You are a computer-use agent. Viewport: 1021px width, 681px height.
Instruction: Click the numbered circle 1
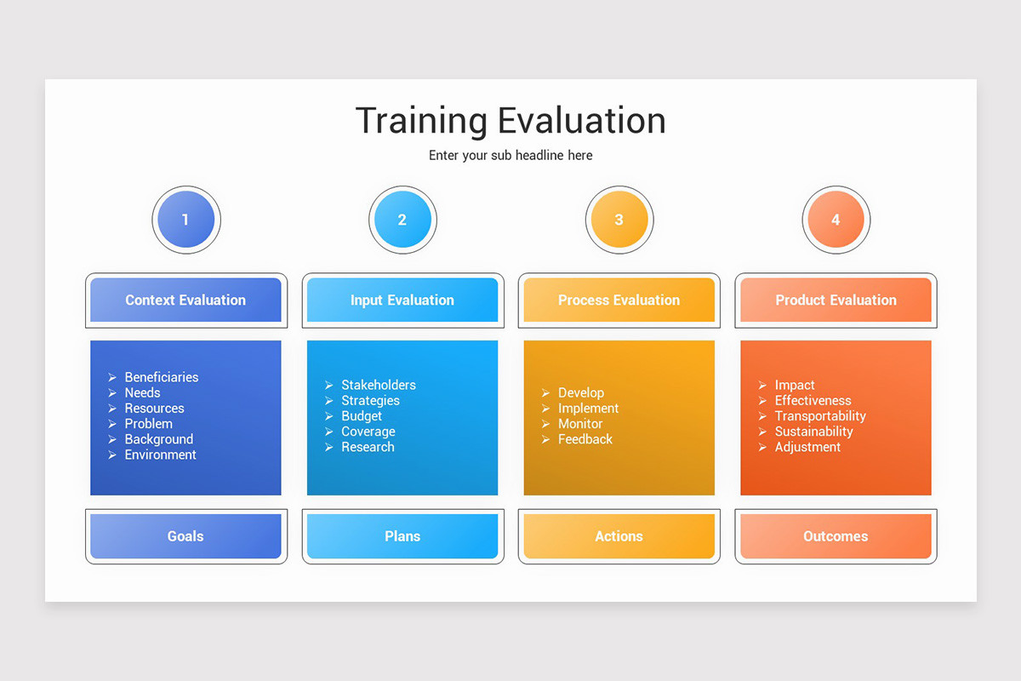click(x=185, y=220)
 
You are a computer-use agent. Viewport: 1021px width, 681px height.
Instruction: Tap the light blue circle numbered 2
click(x=402, y=220)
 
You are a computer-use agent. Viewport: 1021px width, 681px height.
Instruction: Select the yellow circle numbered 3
click(x=619, y=220)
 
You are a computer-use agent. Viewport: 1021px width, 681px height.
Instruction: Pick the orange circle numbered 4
click(x=836, y=220)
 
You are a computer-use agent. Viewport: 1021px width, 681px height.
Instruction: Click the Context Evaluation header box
click(x=185, y=300)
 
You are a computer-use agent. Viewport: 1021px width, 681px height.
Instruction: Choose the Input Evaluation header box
click(x=402, y=300)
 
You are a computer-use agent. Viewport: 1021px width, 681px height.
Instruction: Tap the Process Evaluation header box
click(x=619, y=300)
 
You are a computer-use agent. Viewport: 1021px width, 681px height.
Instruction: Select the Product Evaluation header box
click(x=836, y=300)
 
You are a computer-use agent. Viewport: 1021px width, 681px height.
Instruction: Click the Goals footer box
click(x=185, y=536)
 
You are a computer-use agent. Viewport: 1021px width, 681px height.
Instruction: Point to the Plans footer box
click(x=402, y=536)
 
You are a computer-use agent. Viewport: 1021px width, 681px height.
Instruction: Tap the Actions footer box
click(x=619, y=536)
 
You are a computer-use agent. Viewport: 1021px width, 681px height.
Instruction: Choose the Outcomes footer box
click(x=836, y=536)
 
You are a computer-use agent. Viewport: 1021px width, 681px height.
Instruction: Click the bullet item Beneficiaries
click(x=161, y=377)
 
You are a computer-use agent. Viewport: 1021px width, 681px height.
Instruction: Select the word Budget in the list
click(x=362, y=416)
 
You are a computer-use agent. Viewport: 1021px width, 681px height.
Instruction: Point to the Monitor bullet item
click(x=580, y=424)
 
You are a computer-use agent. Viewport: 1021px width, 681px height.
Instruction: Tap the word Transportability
click(x=820, y=416)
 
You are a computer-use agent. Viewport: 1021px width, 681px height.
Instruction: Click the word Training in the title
click(x=422, y=121)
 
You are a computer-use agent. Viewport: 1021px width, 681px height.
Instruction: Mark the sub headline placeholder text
click(x=510, y=156)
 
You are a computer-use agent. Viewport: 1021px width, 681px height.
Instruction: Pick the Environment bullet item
click(x=160, y=455)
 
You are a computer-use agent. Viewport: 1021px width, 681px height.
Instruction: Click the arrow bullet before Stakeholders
click(x=329, y=386)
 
